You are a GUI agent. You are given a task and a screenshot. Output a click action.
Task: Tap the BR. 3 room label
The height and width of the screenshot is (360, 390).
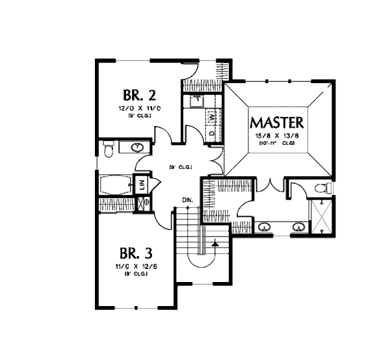tap(136, 251)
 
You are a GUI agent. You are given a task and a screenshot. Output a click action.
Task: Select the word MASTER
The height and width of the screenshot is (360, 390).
tap(278, 123)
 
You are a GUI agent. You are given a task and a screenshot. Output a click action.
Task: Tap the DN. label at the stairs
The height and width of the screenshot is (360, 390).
tap(187, 199)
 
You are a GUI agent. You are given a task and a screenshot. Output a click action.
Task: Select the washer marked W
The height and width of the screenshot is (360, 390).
tap(212, 118)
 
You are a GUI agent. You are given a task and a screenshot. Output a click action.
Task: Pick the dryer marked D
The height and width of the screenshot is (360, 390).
tap(212, 132)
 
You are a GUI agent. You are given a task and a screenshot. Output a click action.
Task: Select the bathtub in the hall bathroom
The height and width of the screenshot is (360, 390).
tap(116, 184)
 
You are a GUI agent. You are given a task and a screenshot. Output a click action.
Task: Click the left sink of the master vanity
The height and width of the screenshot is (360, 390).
tap(265, 227)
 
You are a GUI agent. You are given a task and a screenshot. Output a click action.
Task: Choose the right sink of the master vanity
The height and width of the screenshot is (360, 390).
tap(298, 227)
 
